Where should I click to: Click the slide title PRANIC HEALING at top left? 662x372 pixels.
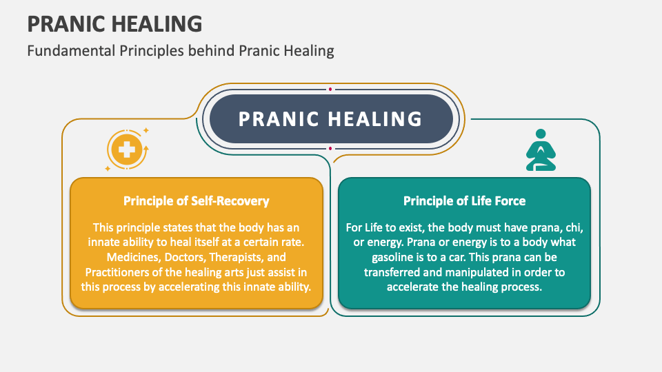(x=114, y=24)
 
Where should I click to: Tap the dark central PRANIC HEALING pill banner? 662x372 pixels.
(x=330, y=118)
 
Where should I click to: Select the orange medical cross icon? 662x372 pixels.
(x=126, y=149)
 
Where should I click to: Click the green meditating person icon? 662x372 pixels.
(x=541, y=149)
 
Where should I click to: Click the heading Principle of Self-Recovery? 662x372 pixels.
(x=196, y=201)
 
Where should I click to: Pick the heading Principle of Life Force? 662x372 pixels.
(x=464, y=201)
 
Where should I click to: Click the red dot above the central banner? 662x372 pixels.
(x=330, y=89)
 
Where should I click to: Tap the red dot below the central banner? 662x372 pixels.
(x=330, y=148)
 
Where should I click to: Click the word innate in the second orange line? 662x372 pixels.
(x=104, y=242)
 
